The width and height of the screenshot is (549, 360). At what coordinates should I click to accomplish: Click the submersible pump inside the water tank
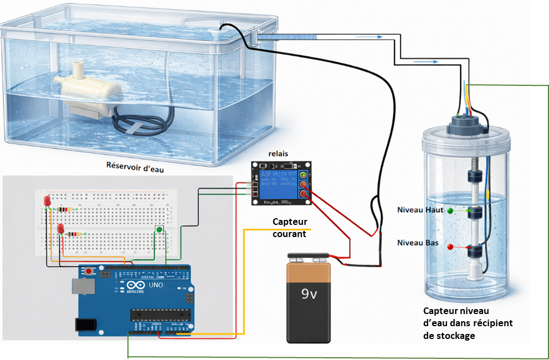tap(91, 92)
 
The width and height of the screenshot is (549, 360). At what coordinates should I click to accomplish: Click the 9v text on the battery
tap(308, 294)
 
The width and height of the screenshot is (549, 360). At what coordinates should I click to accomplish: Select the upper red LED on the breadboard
tap(47, 200)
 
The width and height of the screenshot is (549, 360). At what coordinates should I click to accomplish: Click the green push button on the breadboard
tap(160, 229)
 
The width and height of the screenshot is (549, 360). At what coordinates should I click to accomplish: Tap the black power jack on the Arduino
tap(85, 326)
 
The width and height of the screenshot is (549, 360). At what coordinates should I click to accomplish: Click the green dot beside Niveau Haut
tap(450, 211)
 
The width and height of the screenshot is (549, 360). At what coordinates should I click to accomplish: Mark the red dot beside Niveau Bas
tap(450, 246)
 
